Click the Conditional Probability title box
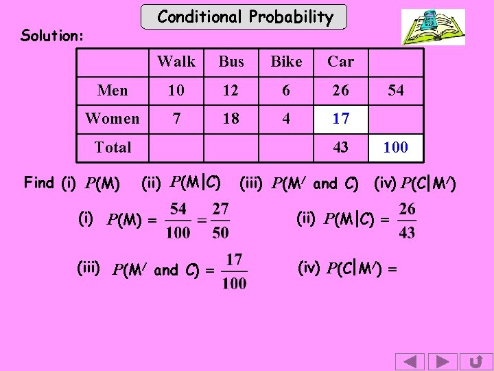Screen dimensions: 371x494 point(245,17)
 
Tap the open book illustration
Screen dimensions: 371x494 point(432,27)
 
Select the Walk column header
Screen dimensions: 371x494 point(176,62)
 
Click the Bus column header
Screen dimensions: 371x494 point(231,62)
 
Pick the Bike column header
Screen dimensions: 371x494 point(286,62)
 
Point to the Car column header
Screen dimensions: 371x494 point(340,62)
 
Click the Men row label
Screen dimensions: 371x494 point(113,90)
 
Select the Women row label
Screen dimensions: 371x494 point(113,119)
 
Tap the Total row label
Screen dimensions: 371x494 point(113,147)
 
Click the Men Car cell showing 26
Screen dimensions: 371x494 point(340,90)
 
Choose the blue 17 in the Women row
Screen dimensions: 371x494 point(340,119)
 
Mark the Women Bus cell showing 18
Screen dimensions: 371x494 point(231,119)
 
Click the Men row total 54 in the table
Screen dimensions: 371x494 point(395,90)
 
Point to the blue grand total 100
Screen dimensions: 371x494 point(395,147)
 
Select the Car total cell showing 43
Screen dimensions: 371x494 point(340,147)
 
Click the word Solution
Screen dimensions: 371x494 point(52,35)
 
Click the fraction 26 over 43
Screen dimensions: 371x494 point(406,220)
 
